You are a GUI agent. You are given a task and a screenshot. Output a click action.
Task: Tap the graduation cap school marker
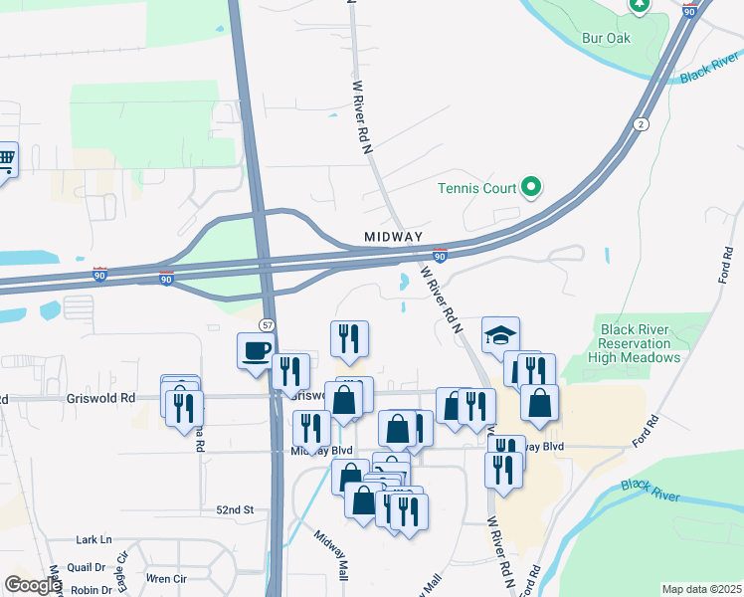[x=501, y=335]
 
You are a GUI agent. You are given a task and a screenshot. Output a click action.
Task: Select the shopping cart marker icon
[x=6, y=159]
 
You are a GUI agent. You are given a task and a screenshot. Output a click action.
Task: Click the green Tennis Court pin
[x=531, y=187]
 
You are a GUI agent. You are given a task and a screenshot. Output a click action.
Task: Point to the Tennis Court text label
[x=477, y=188]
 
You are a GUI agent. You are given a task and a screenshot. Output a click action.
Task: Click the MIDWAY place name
[x=394, y=237]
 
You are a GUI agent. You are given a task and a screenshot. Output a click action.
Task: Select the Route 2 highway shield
[x=642, y=123]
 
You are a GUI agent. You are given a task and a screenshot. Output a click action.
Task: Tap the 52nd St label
[x=235, y=509]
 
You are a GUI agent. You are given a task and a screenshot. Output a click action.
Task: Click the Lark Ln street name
[x=93, y=539]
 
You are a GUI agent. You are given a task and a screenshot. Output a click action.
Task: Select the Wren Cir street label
[x=166, y=577]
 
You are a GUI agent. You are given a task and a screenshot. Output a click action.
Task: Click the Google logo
[x=32, y=585]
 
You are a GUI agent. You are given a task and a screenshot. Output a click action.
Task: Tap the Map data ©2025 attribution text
[x=700, y=589]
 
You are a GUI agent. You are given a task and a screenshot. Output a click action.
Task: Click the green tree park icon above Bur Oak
[x=639, y=4]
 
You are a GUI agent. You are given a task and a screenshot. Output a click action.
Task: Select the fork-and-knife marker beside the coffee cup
[x=290, y=371]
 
